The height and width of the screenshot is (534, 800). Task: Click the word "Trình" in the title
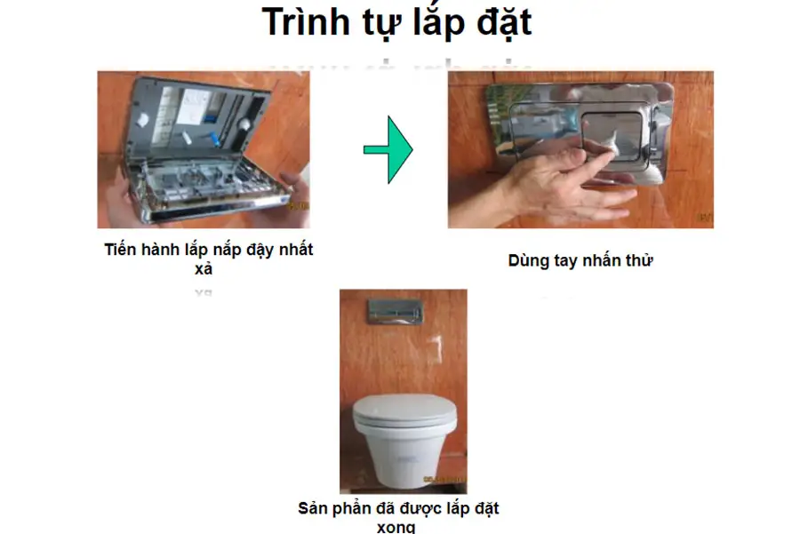tap(306, 21)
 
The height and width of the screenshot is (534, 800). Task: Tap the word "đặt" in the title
tap(504, 22)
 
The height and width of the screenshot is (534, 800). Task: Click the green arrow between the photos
tap(388, 149)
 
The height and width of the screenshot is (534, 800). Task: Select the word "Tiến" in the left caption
tap(120, 250)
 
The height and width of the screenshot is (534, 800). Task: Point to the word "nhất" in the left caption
tap(296, 250)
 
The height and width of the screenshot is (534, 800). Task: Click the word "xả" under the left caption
tap(204, 269)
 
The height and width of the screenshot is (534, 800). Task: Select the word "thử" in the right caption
tap(640, 260)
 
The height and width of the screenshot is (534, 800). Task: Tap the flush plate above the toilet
tap(396, 312)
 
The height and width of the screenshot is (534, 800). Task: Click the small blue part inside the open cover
tap(215, 139)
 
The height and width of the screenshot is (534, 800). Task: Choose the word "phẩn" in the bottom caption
tap(351, 509)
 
